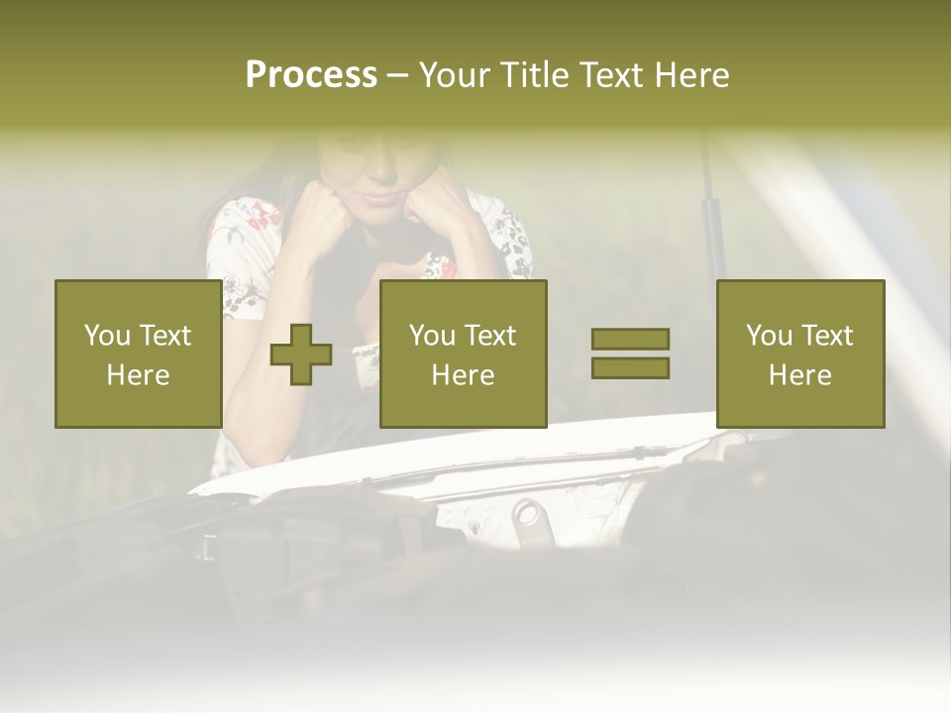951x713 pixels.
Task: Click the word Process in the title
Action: coord(311,75)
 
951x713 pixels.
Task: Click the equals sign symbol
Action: coord(630,354)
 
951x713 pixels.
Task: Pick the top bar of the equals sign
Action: coord(630,340)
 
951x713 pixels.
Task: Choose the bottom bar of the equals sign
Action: coord(630,367)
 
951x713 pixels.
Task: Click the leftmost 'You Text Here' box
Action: coord(138,354)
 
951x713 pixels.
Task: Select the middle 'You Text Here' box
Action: coord(463,354)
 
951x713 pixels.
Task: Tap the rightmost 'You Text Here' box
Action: coord(799,354)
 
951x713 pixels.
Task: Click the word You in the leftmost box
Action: coord(107,336)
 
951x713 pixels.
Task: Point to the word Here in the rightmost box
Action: coord(799,374)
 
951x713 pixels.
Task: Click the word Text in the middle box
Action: coord(490,336)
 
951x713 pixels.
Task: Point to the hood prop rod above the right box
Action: coord(711,218)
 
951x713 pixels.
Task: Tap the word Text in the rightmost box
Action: coord(827,336)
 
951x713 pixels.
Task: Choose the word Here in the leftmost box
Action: coord(138,374)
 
